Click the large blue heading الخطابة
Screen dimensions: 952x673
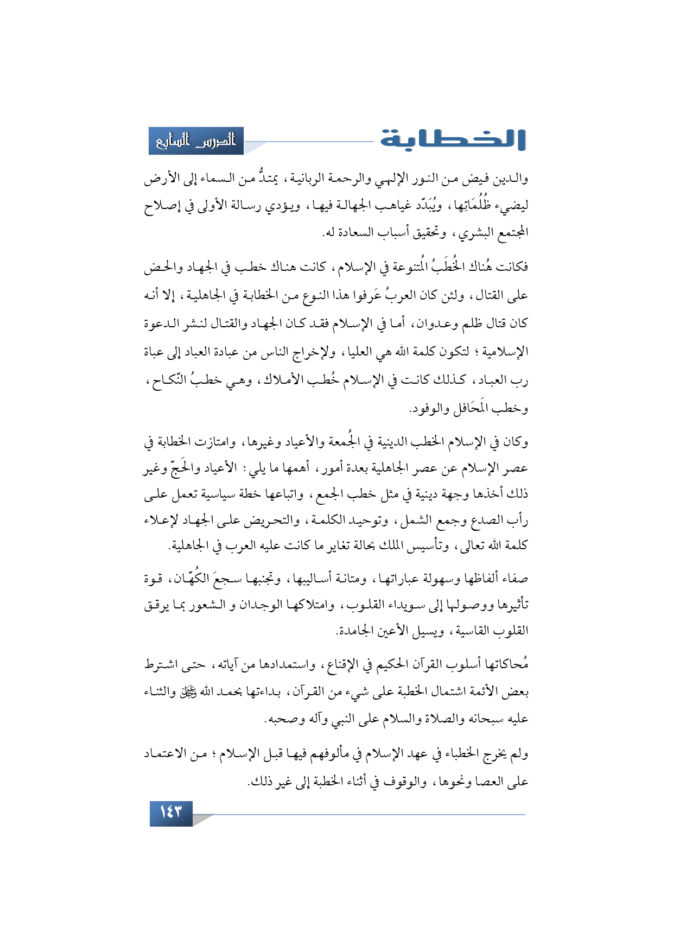(453, 139)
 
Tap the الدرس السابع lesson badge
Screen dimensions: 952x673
(196, 141)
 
